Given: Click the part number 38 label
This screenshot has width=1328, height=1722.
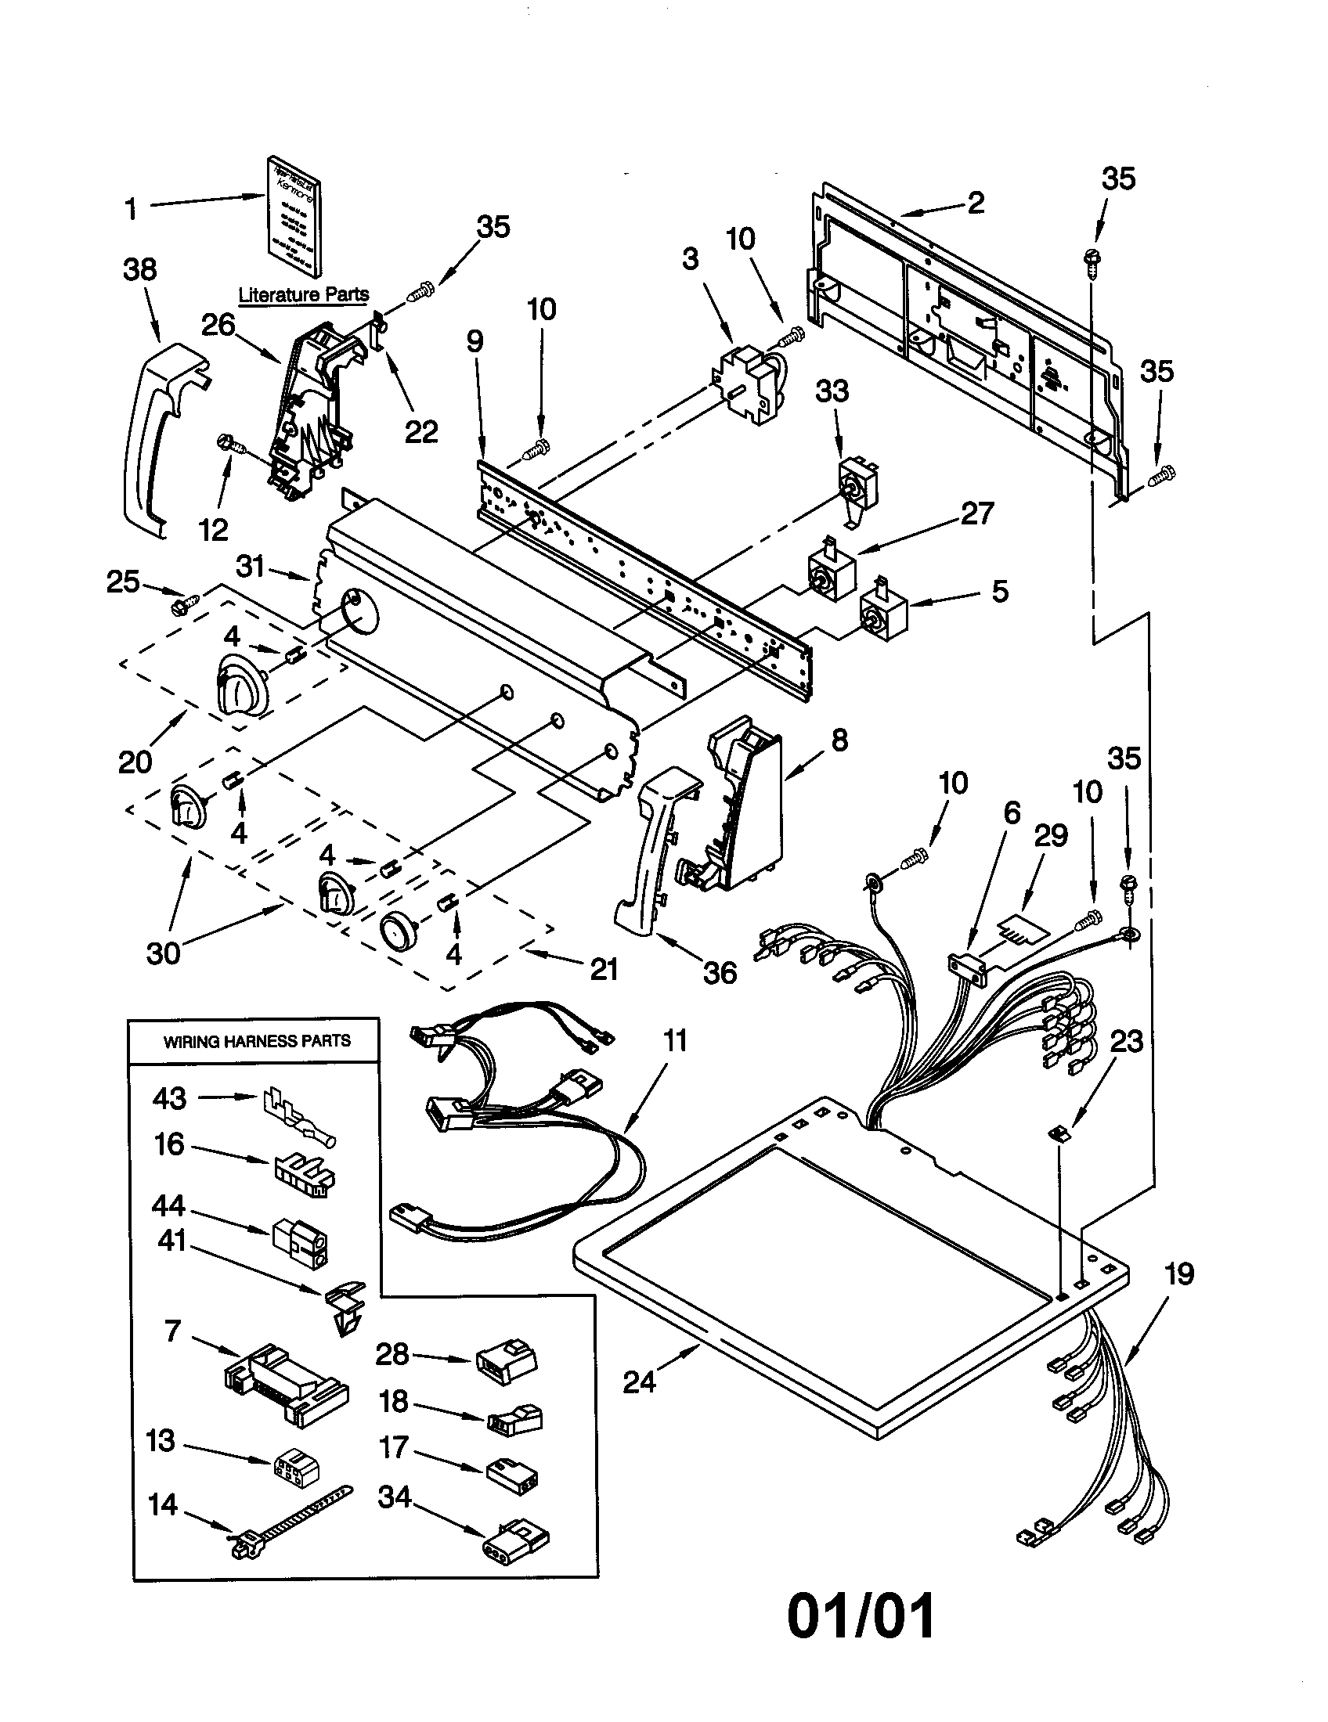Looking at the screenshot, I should pyautogui.click(x=139, y=270).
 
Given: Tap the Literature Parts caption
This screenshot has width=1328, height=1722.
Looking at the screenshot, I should pyautogui.click(x=304, y=295).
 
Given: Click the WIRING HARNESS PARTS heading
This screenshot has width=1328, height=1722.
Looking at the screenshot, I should pyautogui.click(x=256, y=1041).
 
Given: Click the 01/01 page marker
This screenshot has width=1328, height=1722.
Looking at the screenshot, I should pyautogui.click(x=861, y=1616).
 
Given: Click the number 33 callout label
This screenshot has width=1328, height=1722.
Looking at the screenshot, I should pyautogui.click(x=832, y=391).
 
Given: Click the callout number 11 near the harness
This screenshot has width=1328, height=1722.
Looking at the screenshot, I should pyautogui.click(x=675, y=1041).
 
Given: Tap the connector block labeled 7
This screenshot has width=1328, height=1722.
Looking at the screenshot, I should pyautogui.click(x=286, y=1385).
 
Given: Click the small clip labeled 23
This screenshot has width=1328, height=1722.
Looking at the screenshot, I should pyautogui.click(x=1059, y=1133).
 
